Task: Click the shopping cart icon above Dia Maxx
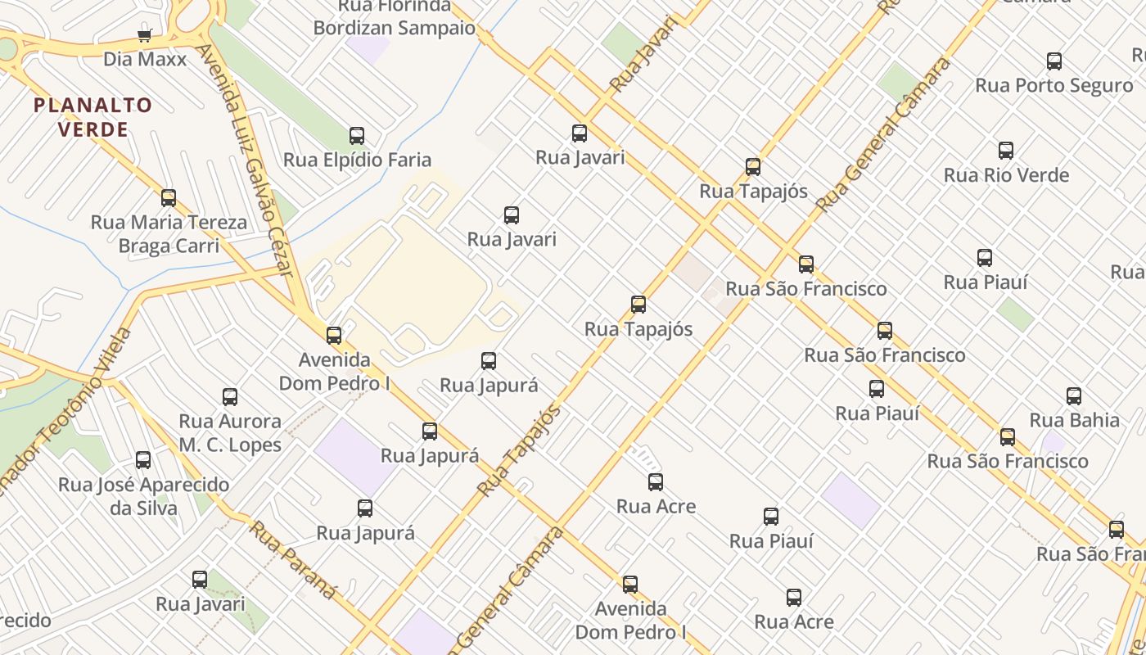(145, 35)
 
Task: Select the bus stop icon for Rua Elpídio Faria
(357, 136)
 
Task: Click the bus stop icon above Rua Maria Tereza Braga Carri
(169, 198)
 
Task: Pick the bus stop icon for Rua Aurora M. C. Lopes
(230, 397)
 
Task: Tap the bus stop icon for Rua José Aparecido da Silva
(143, 460)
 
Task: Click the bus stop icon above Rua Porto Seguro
(1054, 61)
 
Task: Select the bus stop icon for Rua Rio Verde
(1006, 151)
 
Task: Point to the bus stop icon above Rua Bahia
(1074, 396)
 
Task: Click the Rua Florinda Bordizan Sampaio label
(394, 17)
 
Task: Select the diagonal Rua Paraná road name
(293, 559)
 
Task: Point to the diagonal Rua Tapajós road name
(519, 450)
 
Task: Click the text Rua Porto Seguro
(1054, 85)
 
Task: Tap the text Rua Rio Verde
(1006, 175)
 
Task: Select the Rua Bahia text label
(1074, 420)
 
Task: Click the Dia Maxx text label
(145, 59)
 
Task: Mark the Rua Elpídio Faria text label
(357, 160)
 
